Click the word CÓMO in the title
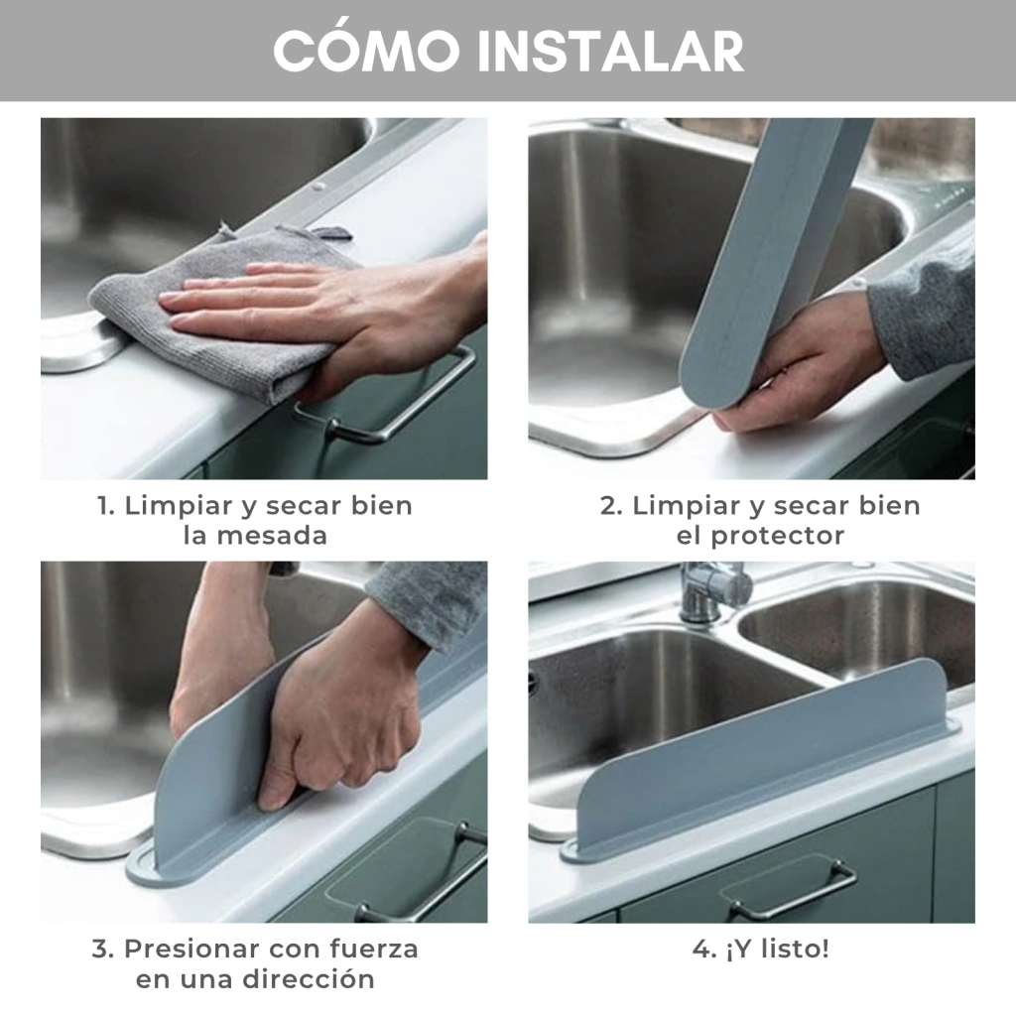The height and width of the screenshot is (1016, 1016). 367,50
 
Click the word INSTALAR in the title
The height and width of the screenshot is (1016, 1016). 610,52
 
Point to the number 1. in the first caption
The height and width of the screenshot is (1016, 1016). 106,505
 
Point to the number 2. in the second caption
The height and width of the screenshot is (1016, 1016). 610,505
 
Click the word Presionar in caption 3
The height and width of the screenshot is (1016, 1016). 191,949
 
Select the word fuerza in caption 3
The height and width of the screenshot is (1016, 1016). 374,949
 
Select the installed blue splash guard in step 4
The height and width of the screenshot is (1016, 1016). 761,765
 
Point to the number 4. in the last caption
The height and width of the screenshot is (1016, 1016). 703,950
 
